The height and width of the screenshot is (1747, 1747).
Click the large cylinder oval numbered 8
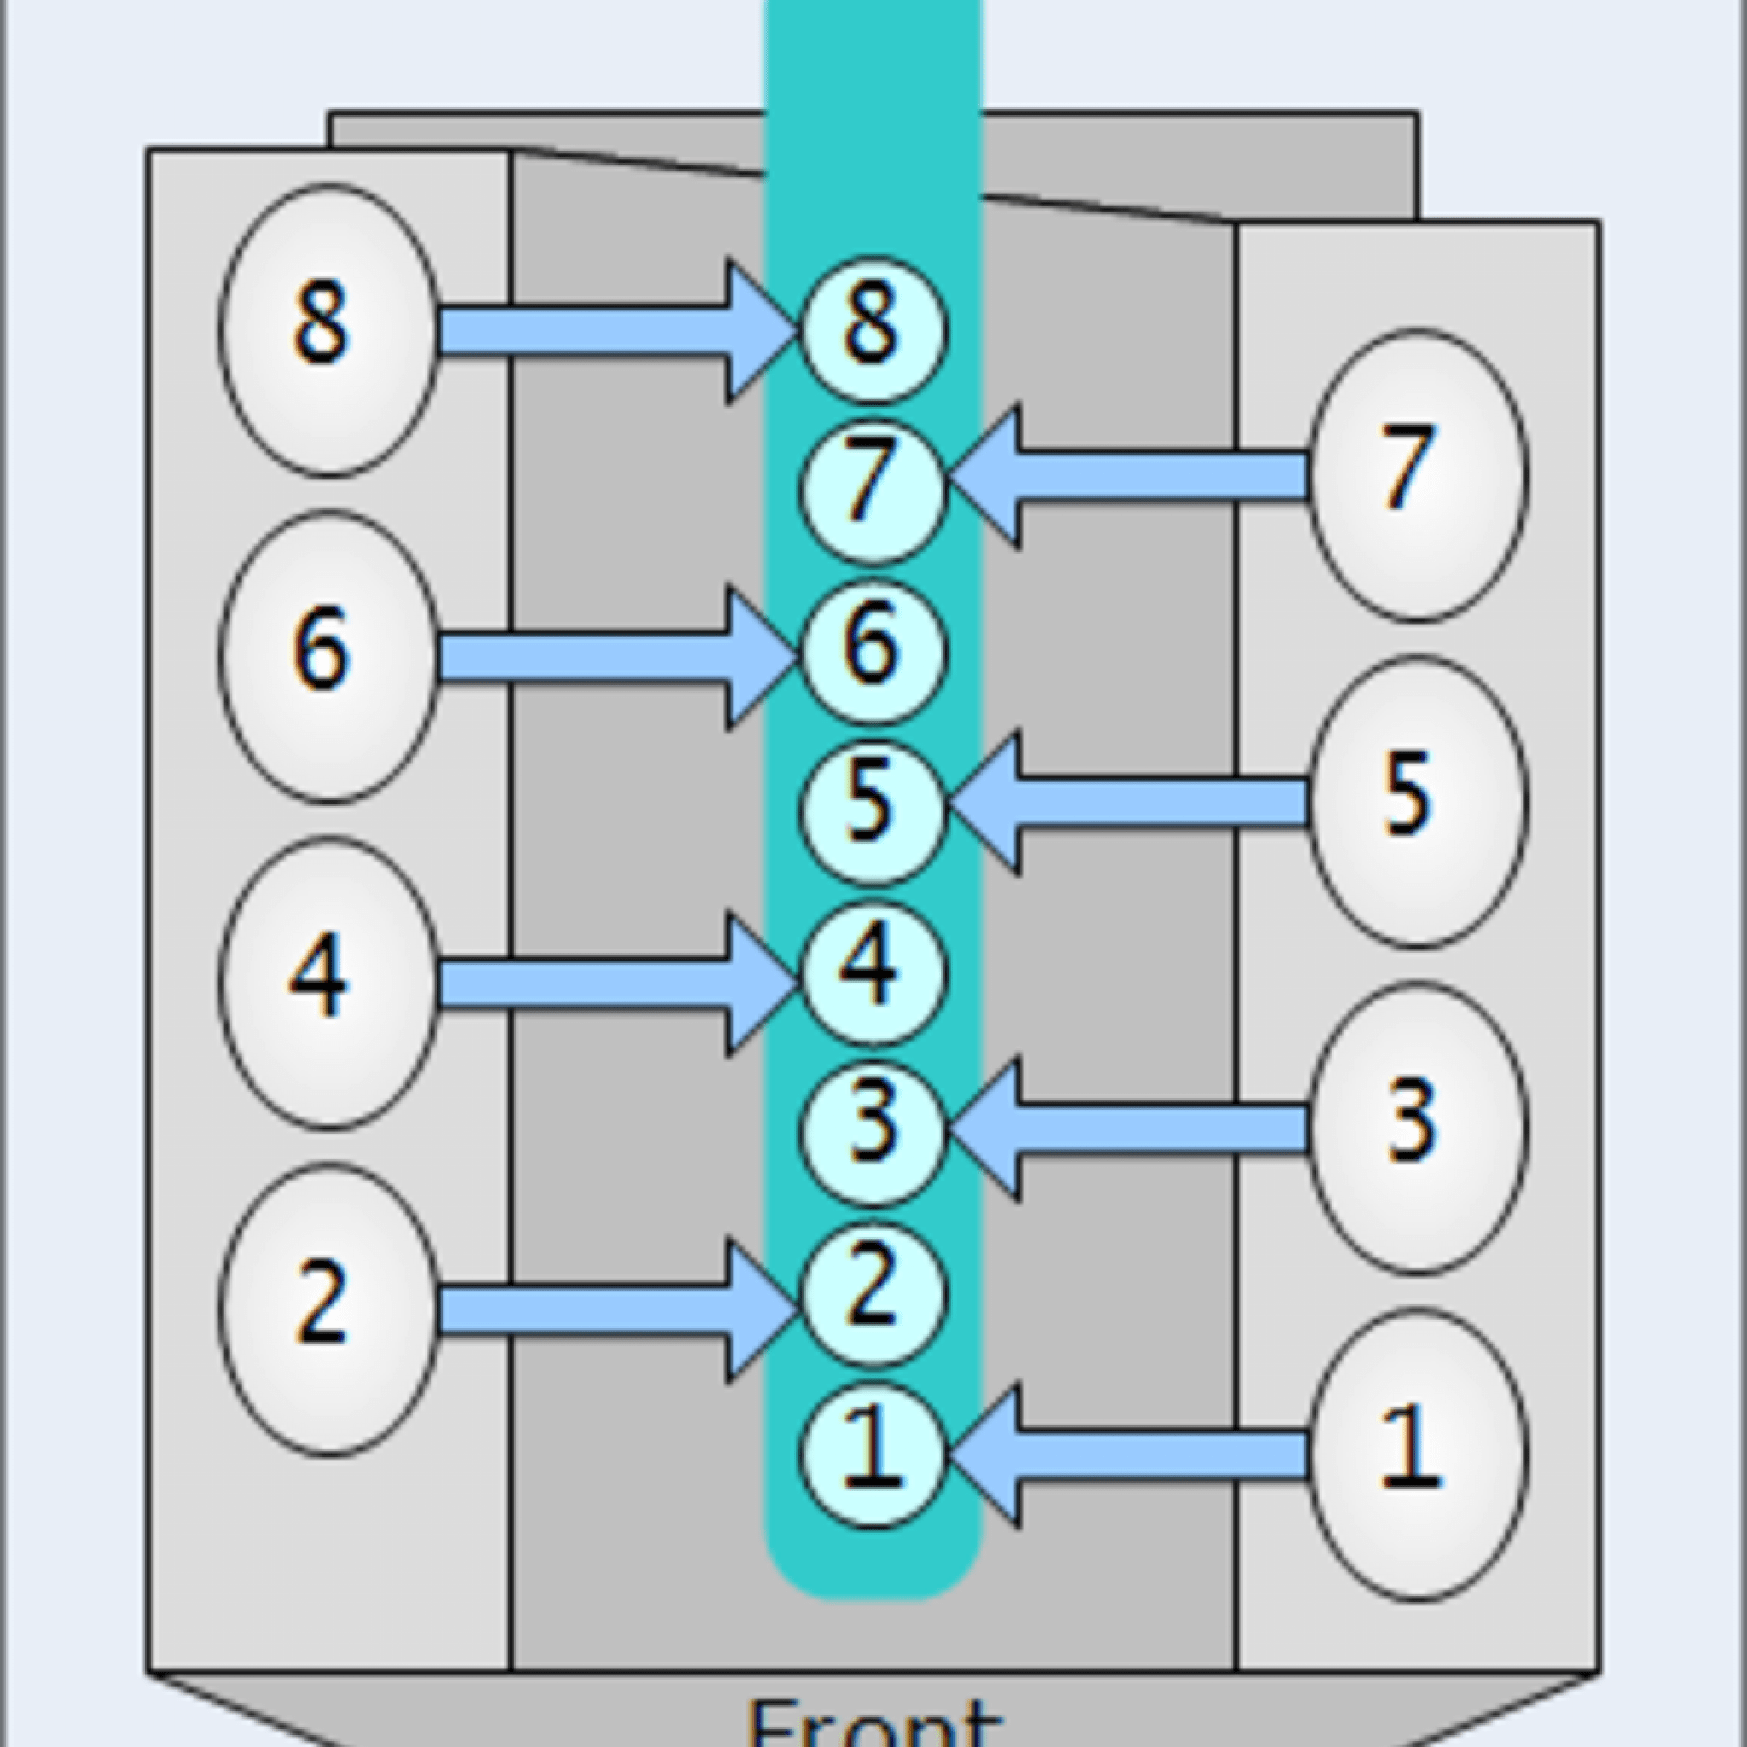[x=328, y=329]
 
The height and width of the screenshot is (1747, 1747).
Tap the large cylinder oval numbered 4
[x=328, y=982]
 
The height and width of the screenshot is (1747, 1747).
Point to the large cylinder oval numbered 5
[x=1418, y=801]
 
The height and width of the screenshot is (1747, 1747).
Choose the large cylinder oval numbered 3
[x=1418, y=1127]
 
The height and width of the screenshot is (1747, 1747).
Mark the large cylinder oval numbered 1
[x=1418, y=1454]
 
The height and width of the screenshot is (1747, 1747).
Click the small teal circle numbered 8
[x=873, y=329]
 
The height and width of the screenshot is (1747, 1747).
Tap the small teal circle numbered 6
[x=873, y=651]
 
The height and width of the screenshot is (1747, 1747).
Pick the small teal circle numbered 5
[x=873, y=810]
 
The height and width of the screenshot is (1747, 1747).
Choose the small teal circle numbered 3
[x=873, y=1132]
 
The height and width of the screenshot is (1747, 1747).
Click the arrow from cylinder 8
[x=615, y=331]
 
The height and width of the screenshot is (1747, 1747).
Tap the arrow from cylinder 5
[x=1130, y=803]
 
